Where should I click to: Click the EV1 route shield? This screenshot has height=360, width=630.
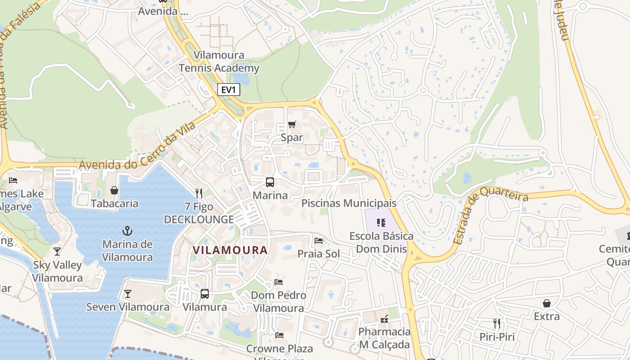229,90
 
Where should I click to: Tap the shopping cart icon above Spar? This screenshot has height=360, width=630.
292,124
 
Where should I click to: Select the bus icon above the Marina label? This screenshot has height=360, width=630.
270,182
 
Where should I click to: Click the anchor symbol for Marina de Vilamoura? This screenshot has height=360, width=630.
127,231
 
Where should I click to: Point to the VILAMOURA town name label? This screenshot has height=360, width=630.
230,250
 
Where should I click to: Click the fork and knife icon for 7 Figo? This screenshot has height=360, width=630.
199,193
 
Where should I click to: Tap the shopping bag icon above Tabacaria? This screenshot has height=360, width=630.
114,190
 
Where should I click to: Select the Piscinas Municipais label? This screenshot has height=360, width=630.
349,203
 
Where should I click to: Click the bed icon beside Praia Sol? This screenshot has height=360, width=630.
319,241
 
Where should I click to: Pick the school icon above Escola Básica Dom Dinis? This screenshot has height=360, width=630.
381,223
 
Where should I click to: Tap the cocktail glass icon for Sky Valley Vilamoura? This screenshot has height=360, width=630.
57,252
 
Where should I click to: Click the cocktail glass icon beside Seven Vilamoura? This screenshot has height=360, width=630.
128,294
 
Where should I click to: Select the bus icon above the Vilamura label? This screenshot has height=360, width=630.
205,294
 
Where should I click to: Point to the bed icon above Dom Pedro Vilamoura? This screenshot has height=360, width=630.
279,282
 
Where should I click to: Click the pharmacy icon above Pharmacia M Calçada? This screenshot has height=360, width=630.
384,319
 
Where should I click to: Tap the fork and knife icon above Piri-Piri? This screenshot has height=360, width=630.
497,324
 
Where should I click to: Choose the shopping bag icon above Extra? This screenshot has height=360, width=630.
546,303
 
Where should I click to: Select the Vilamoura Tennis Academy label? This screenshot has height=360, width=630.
219,62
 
